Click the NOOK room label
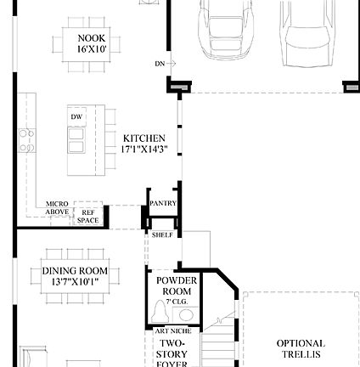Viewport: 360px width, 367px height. [92, 38]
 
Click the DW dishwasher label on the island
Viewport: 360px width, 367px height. [76, 116]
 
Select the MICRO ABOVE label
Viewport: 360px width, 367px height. [58, 206]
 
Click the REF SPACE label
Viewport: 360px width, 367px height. [87, 217]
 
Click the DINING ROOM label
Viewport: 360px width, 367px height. [76, 271]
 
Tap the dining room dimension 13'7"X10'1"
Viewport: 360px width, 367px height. [76, 279]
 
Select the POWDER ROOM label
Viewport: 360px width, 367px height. [177, 285]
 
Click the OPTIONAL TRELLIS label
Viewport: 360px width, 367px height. [300, 347]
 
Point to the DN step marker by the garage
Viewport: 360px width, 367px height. [159, 63]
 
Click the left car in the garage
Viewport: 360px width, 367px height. [227, 25]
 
